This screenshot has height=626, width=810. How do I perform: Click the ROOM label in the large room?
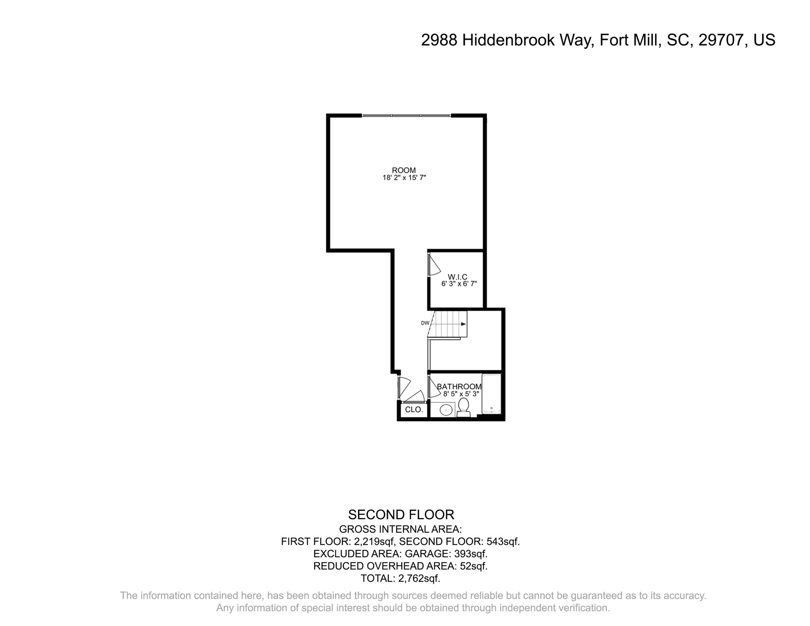point(403,170)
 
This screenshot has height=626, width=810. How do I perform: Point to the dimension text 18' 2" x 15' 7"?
point(404,178)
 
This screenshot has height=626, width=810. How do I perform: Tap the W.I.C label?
point(457,277)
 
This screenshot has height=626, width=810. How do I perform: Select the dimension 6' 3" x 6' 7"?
point(459,284)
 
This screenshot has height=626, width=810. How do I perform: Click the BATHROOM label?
point(459,386)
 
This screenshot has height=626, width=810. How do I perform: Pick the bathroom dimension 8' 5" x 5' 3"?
point(460,394)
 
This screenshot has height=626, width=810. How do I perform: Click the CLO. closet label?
point(414,410)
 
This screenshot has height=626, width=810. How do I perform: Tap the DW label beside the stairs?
point(425,323)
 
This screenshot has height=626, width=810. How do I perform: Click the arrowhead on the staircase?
point(464,324)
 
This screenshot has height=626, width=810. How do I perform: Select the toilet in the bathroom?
point(463,407)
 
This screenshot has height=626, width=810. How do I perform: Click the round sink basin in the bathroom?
point(447,410)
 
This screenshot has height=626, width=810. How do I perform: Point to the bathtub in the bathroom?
point(491,394)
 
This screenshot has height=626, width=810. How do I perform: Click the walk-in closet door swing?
point(434,266)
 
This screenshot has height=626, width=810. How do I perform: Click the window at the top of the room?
point(406,116)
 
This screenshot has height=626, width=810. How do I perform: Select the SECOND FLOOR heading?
point(401,515)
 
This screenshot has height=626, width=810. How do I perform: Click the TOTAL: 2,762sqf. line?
point(401,578)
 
